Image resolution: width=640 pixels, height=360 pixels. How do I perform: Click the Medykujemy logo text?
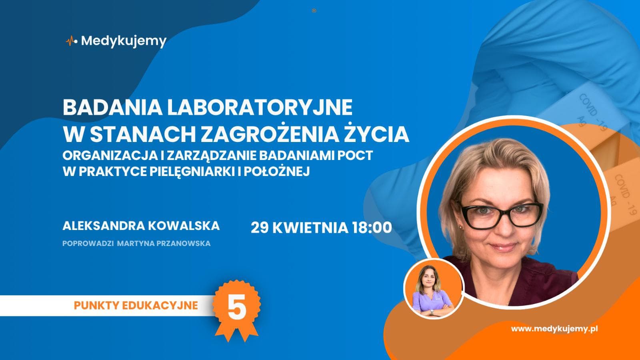(124, 41)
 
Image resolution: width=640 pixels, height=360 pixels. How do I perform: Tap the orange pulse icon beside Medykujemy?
(71, 41)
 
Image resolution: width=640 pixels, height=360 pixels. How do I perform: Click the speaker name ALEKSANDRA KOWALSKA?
(141, 226)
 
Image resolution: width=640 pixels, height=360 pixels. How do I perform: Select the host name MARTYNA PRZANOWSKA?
(164, 244)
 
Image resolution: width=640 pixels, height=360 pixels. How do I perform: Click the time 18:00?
(372, 228)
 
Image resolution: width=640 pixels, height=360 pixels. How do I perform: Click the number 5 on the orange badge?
(236, 309)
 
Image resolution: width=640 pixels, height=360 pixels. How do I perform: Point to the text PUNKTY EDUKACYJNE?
(136, 306)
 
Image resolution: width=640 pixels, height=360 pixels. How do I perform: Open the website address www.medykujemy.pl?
(554, 329)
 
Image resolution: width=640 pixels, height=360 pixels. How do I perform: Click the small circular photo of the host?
(433, 289)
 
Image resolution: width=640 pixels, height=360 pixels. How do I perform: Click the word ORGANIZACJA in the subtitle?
(104, 155)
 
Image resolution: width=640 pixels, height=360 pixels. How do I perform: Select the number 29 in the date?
(260, 228)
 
